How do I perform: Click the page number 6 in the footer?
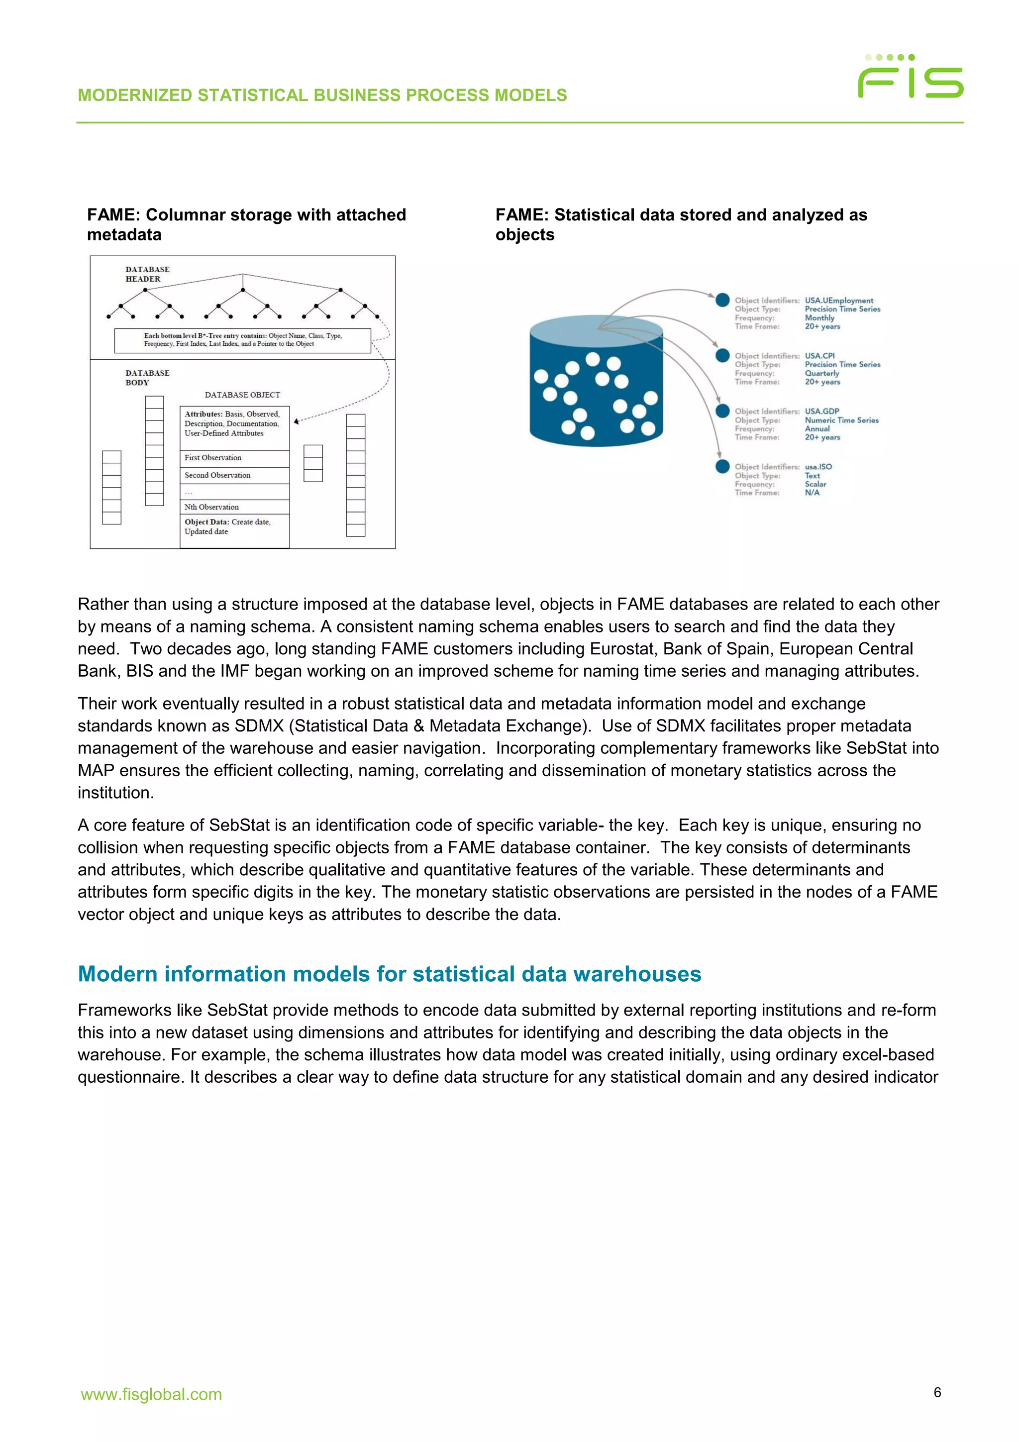click(937, 1392)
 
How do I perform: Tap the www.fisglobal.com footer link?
click(151, 1394)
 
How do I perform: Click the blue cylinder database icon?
click(596, 381)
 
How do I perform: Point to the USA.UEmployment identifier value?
click(839, 300)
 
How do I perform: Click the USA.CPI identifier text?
click(820, 355)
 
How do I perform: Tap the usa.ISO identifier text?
click(818, 467)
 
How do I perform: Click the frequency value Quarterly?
click(822, 373)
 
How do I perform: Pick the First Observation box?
click(234, 458)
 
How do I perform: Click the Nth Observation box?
click(234, 507)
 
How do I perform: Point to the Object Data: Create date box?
click(234, 527)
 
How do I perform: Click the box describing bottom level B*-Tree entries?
click(242, 340)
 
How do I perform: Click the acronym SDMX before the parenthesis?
click(259, 726)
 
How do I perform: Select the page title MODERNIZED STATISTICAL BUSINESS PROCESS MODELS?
click(322, 96)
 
